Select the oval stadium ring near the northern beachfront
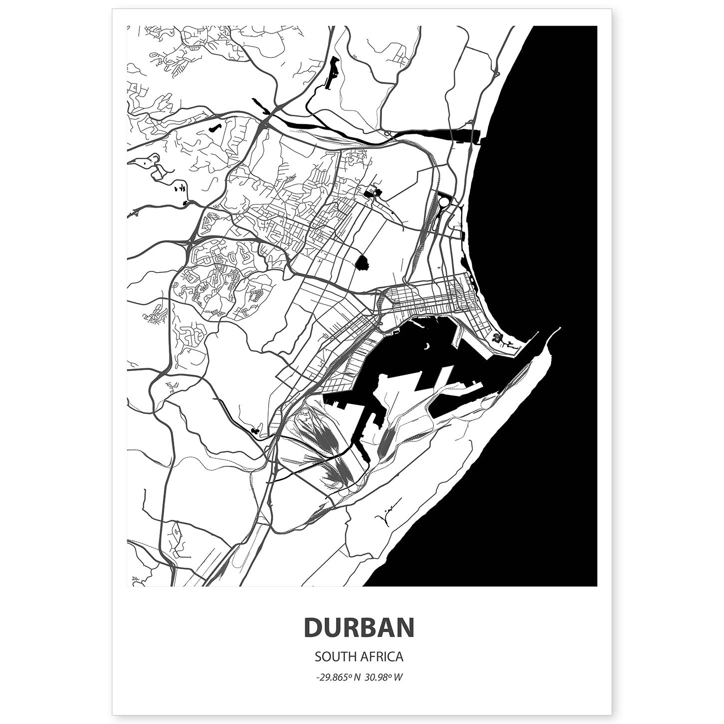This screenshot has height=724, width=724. click(443, 204)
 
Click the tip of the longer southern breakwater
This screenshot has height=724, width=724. click(560, 329)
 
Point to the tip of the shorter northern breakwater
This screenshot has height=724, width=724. click(537, 333)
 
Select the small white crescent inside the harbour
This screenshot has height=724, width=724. click(426, 346)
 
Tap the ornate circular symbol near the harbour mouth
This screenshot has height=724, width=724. click(497, 338)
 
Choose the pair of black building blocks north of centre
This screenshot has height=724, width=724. click(373, 193)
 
